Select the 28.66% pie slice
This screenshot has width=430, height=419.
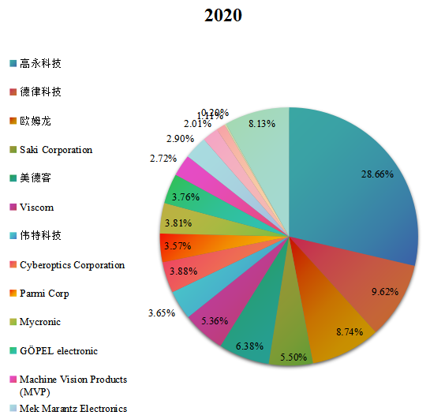click(355, 181)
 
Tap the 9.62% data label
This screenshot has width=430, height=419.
click(383, 291)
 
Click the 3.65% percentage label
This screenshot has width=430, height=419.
click(161, 313)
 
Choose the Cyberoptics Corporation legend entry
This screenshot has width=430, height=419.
click(72, 265)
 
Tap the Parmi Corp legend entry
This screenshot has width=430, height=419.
click(44, 294)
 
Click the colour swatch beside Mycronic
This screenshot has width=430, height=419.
click(13, 323)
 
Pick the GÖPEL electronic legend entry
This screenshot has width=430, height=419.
click(58, 350)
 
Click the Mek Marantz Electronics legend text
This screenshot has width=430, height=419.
click(73, 408)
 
